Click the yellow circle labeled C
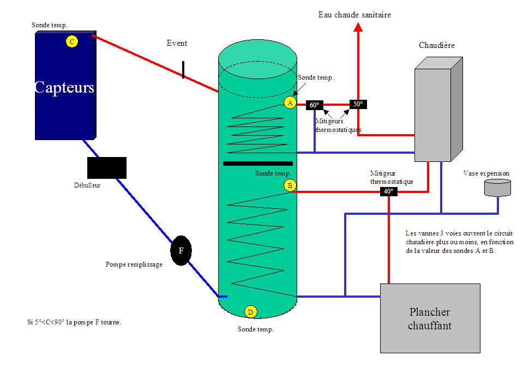coord(71,41)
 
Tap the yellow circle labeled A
coord(290,102)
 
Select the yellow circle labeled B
coord(290,186)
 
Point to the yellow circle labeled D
coord(250,312)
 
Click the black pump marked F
coord(181,251)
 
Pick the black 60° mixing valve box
coord(315,105)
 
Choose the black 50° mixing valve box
coord(358,104)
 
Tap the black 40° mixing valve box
coord(388,191)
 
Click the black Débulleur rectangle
coord(107,168)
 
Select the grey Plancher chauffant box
coord(430,318)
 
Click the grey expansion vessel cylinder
coord(497,188)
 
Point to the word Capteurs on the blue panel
coord(64,88)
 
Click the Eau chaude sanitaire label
coord(354,15)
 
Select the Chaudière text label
coord(436,45)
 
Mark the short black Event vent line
coord(183,70)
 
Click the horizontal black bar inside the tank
coord(257,163)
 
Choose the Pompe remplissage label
coord(134,264)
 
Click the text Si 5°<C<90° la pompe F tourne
coord(74,322)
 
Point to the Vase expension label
coord(486,173)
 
